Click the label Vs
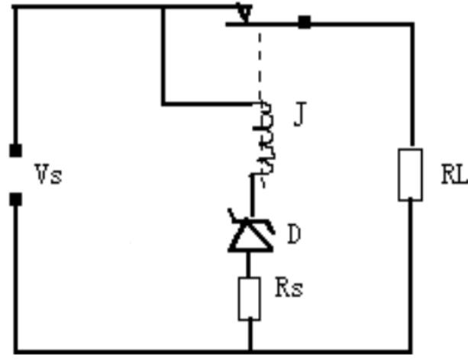pyautogui.click(x=47, y=175)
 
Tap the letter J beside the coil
pyautogui.click(x=299, y=119)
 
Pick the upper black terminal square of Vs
pyautogui.click(x=15, y=149)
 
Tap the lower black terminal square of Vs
pyautogui.click(x=15, y=200)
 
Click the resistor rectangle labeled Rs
pyautogui.click(x=249, y=298)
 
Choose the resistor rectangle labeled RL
pyautogui.click(x=410, y=174)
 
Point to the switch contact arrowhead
pyautogui.click(x=244, y=14)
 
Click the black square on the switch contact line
pyautogui.click(x=304, y=22)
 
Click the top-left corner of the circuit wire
pyautogui.click(x=15, y=8)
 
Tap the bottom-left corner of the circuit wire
pyautogui.click(x=15, y=352)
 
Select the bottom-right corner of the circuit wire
pyautogui.click(x=410, y=352)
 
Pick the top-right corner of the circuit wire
pyautogui.click(x=410, y=23)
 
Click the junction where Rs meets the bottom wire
pyautogui.click(x=249, y=352)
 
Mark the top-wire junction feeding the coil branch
pyautogui.click(x=163, y=8)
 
